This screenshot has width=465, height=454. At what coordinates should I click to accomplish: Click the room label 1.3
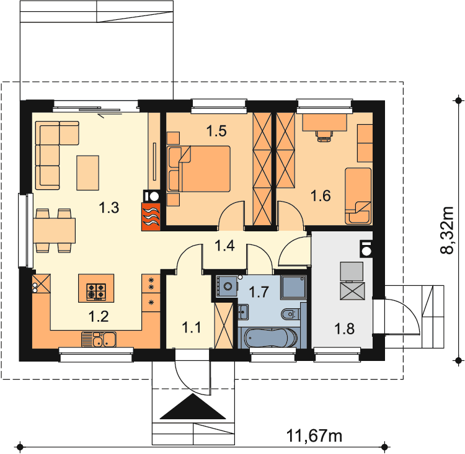click(109, 207)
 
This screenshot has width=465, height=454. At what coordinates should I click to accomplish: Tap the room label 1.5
click(216, 131)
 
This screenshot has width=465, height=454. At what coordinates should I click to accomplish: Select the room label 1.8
click(344, 329)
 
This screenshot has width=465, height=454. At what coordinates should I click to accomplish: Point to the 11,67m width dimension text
click(314, 436)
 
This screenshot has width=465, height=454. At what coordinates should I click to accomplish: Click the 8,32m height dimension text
click(447, 230)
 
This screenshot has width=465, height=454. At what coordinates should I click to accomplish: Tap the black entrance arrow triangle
click(193, 406)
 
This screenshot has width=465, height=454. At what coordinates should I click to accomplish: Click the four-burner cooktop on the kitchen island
click(96, 292)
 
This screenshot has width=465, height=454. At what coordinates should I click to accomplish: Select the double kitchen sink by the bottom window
click(99, 339)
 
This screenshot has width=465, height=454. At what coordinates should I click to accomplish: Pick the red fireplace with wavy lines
click(151, 217)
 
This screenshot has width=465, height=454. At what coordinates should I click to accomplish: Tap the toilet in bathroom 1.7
click(290, 314)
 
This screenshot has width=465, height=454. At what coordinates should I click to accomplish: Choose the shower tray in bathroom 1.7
click(294, 287)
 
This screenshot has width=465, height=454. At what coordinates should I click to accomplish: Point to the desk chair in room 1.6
click(324, 136)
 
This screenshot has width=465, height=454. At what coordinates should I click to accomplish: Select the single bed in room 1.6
click(358, 196)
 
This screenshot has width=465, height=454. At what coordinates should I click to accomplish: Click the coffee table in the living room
click(88, 173)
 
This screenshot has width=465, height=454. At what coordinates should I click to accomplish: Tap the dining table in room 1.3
click(55, 231)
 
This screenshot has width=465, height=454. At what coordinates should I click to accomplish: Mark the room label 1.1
click(191, 327)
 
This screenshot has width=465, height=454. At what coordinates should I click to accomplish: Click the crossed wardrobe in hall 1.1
click(224, 325)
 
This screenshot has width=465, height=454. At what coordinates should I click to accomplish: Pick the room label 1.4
click(224, 246)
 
